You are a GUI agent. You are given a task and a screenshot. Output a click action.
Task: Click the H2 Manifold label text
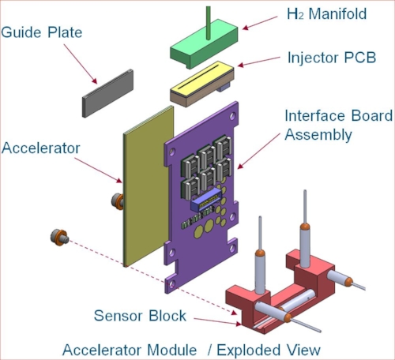(326, 13)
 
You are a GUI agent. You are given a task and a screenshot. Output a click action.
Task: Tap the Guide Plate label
(42, 32)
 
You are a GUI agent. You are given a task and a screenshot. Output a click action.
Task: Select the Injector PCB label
(332, 58)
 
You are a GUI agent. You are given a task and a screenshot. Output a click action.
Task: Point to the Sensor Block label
(140, 316)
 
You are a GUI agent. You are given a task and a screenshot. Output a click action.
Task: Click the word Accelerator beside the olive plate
(41, 148)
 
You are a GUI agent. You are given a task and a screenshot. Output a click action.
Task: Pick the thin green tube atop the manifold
(209, 22)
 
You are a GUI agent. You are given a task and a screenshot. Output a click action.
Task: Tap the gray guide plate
(107, 93)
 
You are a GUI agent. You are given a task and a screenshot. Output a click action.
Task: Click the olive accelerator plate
(149, 186)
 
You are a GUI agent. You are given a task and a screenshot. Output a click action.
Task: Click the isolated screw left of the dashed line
(60, 238)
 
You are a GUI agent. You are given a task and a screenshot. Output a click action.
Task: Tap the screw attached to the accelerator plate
(118, 201)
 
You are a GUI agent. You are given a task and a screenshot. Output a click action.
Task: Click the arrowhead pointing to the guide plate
(94, 81)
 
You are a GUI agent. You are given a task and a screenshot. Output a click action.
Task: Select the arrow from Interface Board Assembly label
(258, 151)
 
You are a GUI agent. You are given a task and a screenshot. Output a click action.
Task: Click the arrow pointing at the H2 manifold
(260, 23)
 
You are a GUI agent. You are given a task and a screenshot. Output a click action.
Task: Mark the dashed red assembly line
(152, 275)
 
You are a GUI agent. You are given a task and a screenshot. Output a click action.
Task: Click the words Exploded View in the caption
(269, 350)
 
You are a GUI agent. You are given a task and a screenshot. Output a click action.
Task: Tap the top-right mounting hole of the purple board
(232, 116)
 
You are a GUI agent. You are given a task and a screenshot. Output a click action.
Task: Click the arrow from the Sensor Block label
(217, 321)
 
